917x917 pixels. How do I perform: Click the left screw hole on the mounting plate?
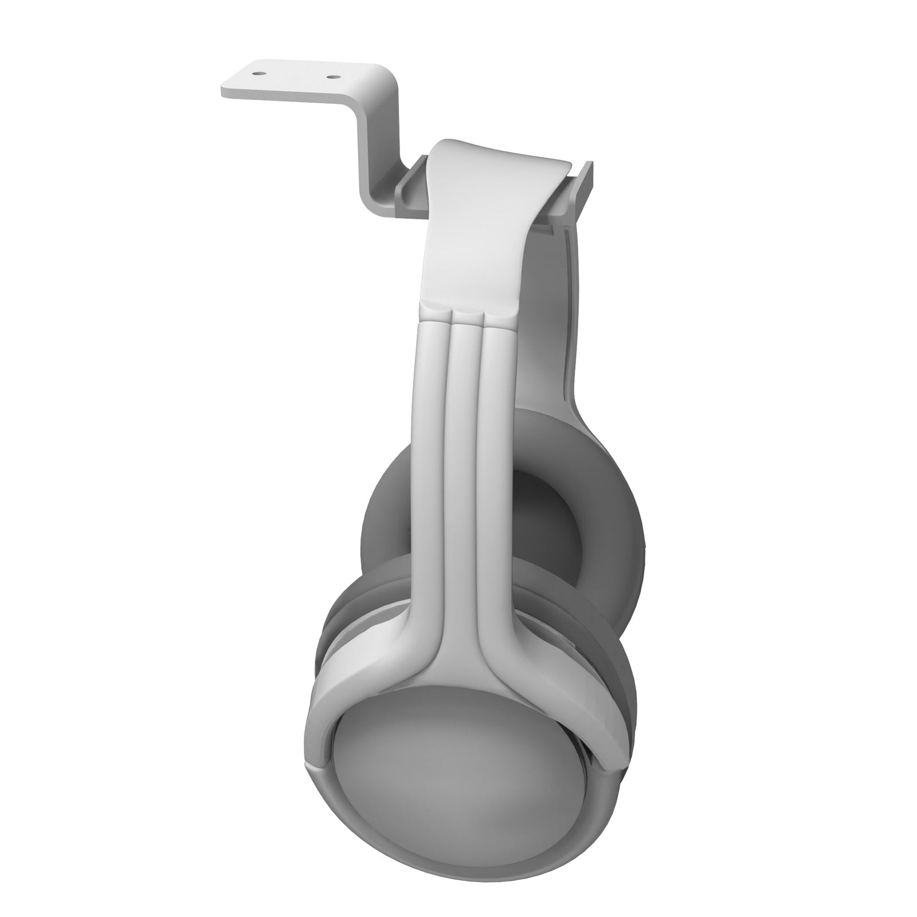click(x=259, y=73)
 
